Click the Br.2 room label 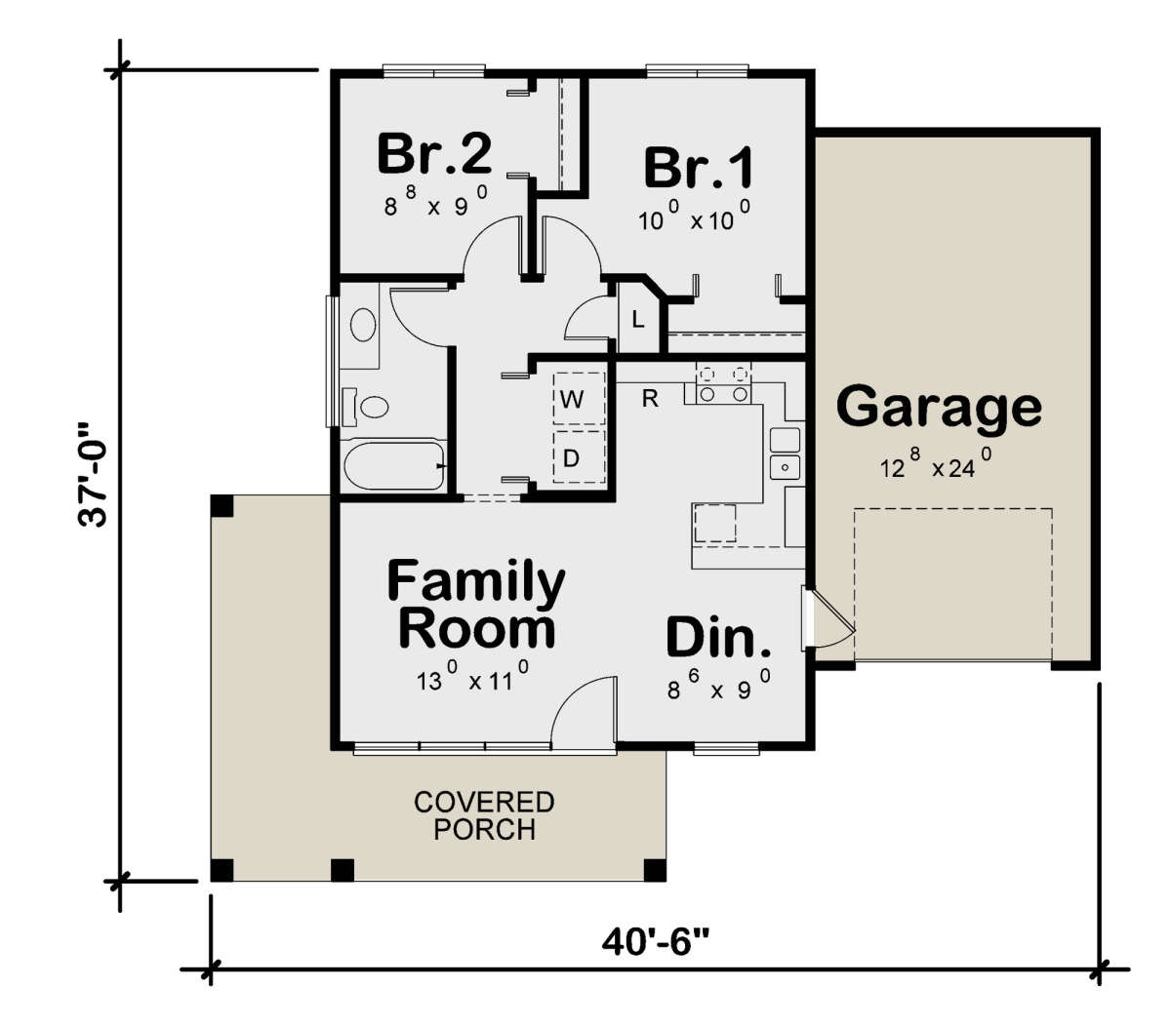[434, 153]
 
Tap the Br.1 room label [699, 167]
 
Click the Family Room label [476, 605]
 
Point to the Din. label [719, 638]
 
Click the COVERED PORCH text [484, 815]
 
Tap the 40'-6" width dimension [655, 942]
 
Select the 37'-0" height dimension [97, 475]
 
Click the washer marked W [572, 399]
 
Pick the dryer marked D [572, 457]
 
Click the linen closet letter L [637, 319]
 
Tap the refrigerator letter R [650, 398]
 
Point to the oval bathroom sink [363, 325]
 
